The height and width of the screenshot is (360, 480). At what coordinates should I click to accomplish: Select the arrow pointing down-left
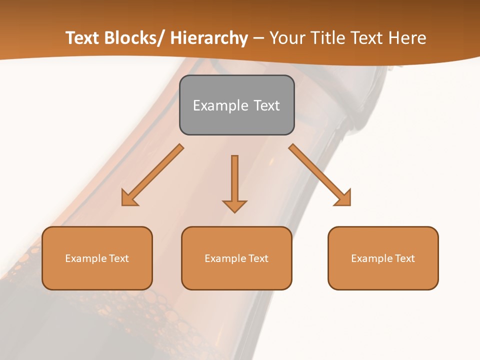coord(152,175)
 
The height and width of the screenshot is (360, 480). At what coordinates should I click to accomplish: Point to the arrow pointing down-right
coord(320,175)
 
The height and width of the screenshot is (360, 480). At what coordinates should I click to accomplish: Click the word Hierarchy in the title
coord(209,38)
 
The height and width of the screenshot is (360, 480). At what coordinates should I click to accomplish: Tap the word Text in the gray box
coord(266,105)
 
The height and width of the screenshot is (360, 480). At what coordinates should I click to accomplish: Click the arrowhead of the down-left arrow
coord(129,198)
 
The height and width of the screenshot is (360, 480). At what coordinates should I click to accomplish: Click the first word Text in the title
coord(82,38)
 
